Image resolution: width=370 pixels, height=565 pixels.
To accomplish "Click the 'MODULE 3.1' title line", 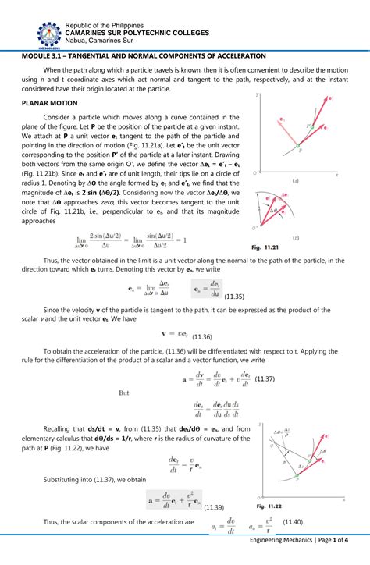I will tap(144, 56).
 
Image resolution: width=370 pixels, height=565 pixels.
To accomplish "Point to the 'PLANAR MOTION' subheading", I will tap(50, 102).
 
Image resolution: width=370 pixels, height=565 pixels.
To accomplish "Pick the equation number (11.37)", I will tap(265, 378).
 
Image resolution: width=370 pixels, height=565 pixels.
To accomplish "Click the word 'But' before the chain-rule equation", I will tap(123, 393).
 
